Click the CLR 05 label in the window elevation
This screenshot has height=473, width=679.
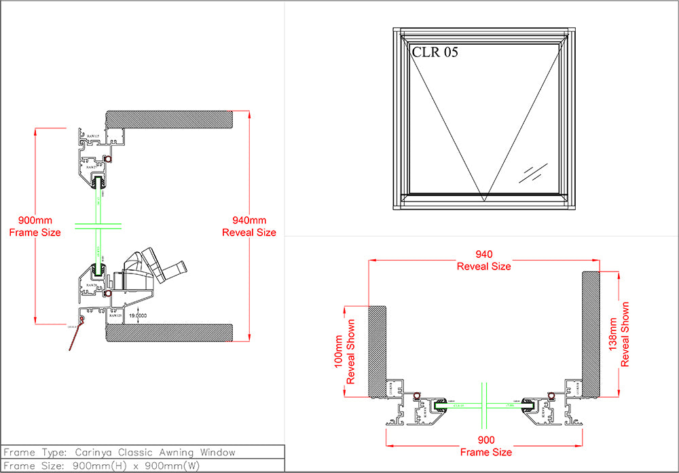pos(435,53)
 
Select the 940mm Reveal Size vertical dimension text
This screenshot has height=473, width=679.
pos(249,227)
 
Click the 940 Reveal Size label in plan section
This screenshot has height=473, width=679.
pos(483,261)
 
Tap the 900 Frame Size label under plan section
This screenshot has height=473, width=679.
pos(485,446)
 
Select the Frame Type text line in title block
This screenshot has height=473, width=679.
pos(120,452)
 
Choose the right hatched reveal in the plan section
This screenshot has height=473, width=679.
pos(591,333)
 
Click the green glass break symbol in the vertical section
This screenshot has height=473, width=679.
pos(99,226)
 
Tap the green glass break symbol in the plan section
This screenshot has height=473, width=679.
pos(485,405)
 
